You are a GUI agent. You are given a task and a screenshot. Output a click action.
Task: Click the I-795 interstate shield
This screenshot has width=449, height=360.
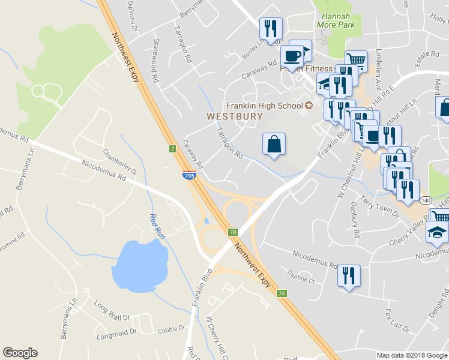tap(188, 175)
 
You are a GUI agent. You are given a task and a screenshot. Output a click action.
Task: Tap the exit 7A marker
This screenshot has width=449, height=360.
tap(282, 293)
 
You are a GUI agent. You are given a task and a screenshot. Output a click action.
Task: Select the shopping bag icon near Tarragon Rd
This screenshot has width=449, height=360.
tap(274, 144)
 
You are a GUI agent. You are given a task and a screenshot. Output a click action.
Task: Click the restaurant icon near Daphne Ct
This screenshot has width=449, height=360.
tap(347, 275)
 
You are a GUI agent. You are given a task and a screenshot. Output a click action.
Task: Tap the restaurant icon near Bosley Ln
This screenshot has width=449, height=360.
tap(270, 28)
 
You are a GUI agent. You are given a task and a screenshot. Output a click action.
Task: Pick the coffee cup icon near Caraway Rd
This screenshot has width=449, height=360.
tap(292, 56)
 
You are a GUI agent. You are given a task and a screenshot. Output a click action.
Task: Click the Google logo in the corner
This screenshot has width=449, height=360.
tap(20, 353)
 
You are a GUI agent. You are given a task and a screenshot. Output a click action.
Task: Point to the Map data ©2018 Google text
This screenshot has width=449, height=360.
tap(411, 355)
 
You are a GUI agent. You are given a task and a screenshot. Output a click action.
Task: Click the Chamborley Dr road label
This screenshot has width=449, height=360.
tap(120, 162)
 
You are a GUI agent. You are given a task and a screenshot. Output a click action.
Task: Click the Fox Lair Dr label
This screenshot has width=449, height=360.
tap(396, 321)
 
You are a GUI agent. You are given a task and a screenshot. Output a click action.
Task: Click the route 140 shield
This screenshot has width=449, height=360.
tap(425, 199)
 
